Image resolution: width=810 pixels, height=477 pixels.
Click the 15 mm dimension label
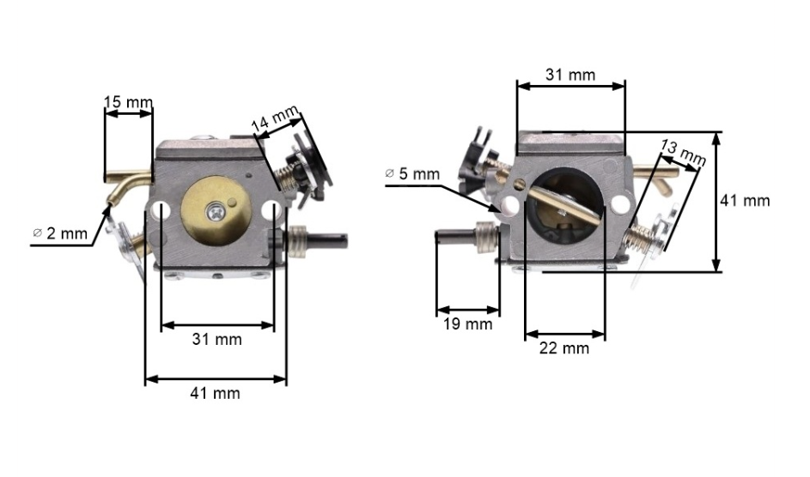128,101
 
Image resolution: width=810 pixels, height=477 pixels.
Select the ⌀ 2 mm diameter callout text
60,233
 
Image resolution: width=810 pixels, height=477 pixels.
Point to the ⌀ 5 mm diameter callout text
412,174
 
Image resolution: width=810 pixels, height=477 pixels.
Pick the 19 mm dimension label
467,323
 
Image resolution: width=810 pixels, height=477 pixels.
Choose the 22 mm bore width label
564,348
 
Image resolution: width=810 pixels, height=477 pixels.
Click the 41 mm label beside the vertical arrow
745,200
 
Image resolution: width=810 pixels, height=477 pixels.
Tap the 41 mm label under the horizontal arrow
215,393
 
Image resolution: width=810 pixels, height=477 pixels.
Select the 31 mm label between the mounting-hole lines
217,339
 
